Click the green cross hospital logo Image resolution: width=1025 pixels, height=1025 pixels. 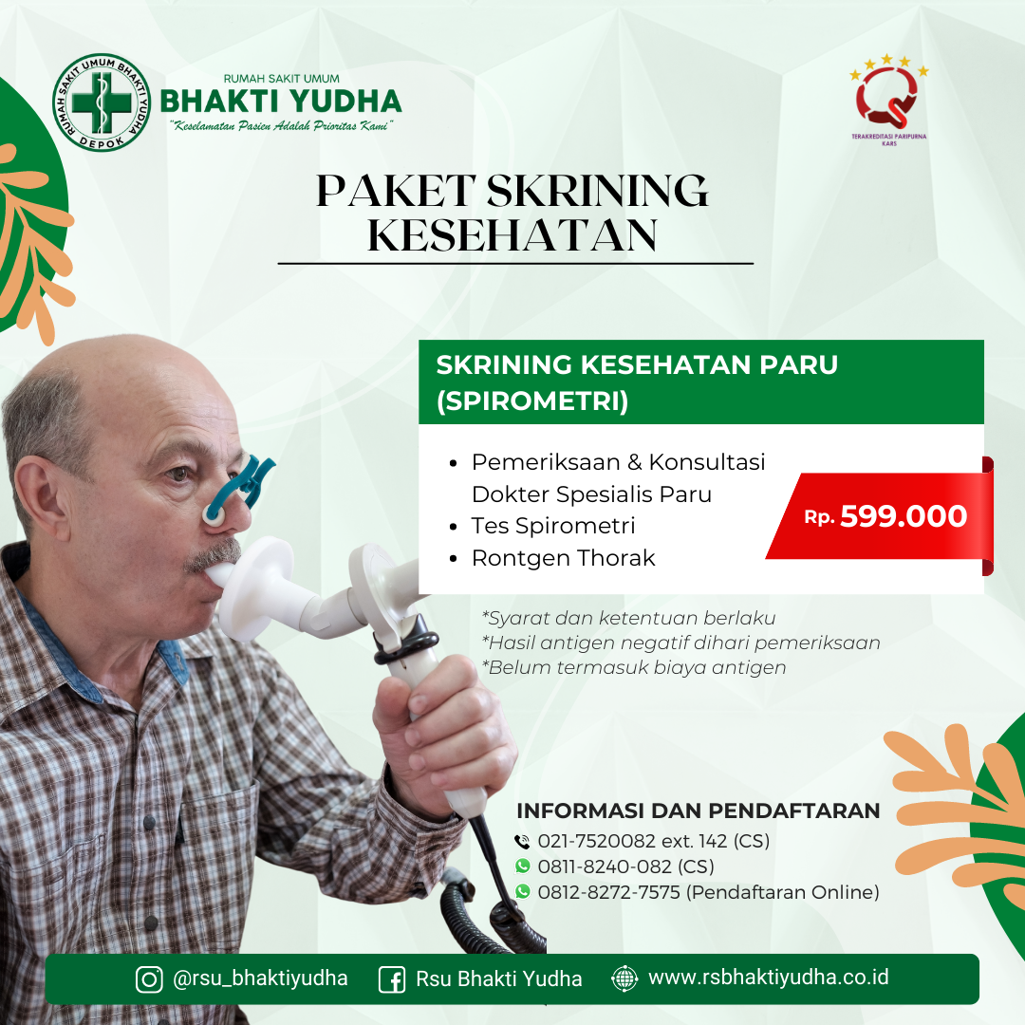coord(102,102)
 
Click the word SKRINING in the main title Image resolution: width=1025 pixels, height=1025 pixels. coord(597,191)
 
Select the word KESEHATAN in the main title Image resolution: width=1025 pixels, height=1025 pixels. coord(512,235)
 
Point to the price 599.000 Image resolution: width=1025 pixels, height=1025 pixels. coord(904,516)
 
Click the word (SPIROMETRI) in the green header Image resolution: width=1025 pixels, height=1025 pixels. coord(532,401)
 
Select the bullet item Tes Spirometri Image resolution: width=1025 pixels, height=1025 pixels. coord(553,526)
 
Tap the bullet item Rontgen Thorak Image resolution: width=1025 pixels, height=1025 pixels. coord(563,558)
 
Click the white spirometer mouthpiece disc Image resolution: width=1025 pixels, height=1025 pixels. coord(255,588)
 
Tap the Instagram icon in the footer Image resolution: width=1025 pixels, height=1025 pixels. coord(149,979)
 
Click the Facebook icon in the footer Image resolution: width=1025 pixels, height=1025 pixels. coord(392,979)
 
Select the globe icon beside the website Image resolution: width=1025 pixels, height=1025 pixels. coord(624,978)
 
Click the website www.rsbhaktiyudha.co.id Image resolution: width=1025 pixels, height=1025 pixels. coord(768,978)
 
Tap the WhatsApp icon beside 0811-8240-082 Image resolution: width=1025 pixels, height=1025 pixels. coord(523,866)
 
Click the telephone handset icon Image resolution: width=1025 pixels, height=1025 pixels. coord(522,841)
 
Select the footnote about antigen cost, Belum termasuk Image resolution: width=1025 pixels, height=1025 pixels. coord(634,667)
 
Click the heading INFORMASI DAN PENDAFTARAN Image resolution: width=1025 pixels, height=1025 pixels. coord(699,811)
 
